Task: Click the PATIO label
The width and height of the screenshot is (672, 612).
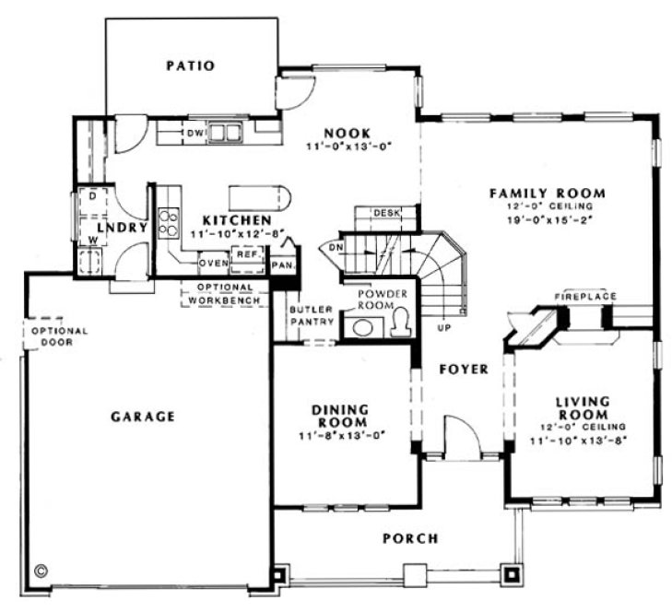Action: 191,65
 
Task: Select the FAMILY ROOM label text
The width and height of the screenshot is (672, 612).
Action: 547,194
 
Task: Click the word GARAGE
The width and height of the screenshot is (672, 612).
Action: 143,417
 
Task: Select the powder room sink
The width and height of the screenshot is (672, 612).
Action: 362,326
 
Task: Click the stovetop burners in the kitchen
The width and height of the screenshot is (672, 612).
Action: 170,221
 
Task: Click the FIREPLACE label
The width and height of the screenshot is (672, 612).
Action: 585,296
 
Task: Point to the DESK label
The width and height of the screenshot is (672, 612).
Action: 386,214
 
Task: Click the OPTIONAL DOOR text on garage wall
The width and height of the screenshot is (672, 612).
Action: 59,336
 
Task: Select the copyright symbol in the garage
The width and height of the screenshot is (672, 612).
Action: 41,570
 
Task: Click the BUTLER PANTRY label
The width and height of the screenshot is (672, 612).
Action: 306,315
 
